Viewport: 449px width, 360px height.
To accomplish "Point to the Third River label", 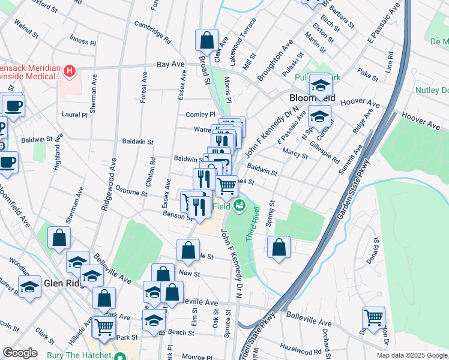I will [x=253, y=224].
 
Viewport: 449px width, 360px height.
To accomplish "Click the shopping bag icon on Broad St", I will [x=206, y=40].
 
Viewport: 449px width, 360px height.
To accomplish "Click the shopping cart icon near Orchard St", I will [x=373, y=317].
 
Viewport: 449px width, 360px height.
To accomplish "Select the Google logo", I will [x=20, y=353].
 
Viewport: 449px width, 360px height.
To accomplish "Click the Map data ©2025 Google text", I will [x=412, y=355].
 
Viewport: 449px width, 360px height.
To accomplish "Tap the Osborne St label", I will [x=131, y=191].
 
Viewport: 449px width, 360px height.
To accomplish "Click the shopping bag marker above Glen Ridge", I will [x=59, y=238].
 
